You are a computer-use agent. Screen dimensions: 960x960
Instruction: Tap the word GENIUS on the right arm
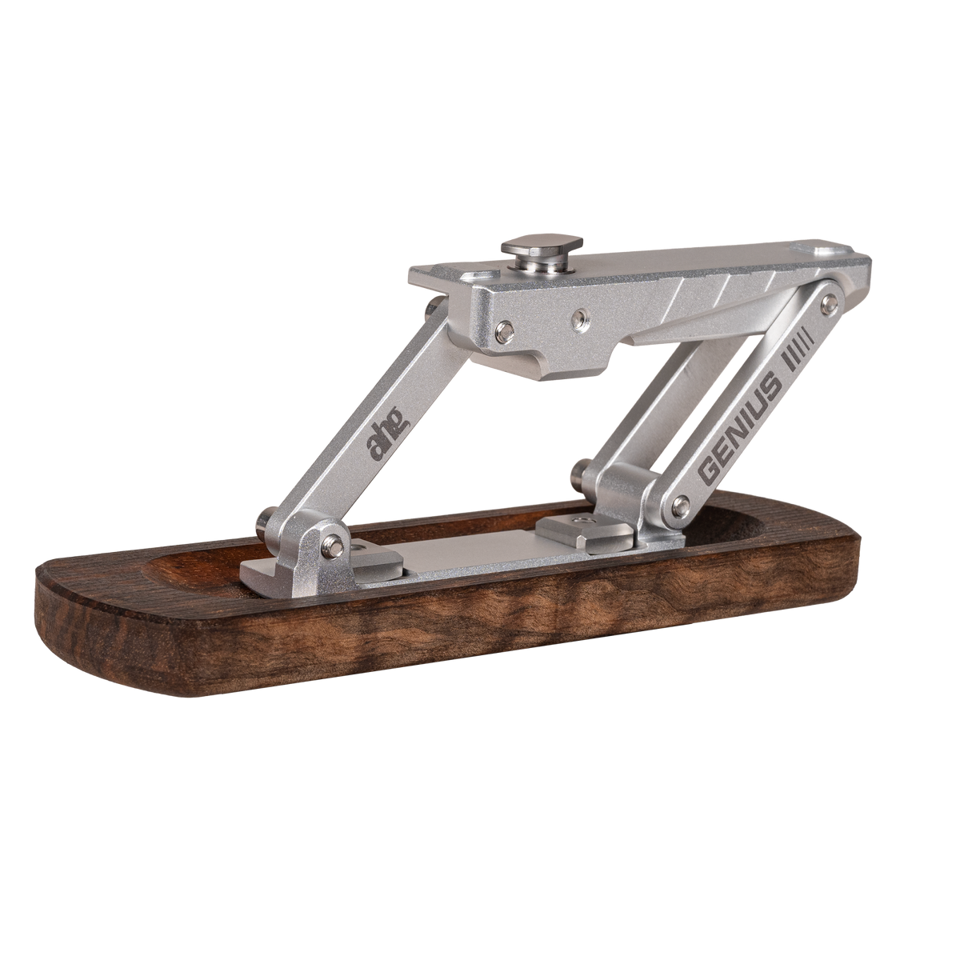click(x=740, y=429)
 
